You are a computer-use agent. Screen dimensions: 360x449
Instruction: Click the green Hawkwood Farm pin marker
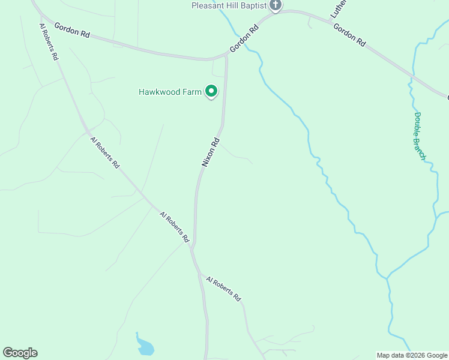(x=211, y=91)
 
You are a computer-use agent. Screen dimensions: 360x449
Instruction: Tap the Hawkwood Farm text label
(x=170, y=92)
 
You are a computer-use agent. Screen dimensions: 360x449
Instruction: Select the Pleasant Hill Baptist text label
(x=228, y=5)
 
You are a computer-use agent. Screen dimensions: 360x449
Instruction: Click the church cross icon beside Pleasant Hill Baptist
(x=276, y=5)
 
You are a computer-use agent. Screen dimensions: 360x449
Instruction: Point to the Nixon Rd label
(x=211, y=153)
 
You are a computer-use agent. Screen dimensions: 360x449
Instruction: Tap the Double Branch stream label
(x=420, y=136)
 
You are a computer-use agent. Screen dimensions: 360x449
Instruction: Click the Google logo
(x=20, y=353)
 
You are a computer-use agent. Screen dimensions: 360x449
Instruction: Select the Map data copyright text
(x=411, y=355)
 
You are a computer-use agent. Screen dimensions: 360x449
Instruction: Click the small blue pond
(x=145, y=346)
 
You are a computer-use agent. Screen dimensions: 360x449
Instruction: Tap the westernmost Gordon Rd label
(x=71, y=31)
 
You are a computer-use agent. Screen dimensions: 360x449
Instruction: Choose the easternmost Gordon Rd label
(x=349, y=35)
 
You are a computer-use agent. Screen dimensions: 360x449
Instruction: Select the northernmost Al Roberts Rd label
(x=48, y=41)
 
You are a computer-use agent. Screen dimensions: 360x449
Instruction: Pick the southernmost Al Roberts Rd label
(x=223, y=289)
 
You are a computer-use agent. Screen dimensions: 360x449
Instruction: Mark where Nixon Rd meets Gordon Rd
(x=226, y=55)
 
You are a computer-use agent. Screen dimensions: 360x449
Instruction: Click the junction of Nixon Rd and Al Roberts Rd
(x=193, y=247)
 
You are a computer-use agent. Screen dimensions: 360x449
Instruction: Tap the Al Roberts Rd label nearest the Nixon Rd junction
(x=175, y=226)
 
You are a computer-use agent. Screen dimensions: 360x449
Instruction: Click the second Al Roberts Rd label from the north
(x=105, y=152)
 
